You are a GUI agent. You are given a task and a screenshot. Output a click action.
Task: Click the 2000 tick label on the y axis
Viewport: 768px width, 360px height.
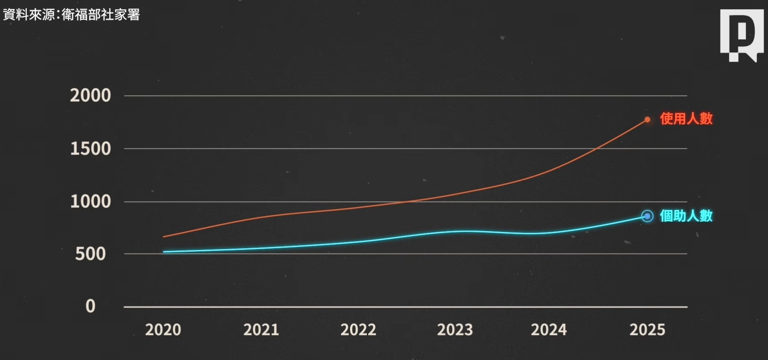(x=90, y=96)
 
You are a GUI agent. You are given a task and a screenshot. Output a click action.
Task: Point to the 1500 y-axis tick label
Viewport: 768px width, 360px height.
(x=90, y=149)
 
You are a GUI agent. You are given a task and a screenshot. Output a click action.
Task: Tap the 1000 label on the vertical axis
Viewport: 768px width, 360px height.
(x=90, y=202)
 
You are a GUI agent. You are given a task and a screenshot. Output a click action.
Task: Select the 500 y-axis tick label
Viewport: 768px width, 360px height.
(x=90, y=254)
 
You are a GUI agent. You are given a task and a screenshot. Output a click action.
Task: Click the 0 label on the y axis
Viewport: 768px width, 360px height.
(x=90, y=306)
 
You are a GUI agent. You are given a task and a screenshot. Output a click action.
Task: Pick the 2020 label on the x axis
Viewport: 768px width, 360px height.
(x=163, y=330)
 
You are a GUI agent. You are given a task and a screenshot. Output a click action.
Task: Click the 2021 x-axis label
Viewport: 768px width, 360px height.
(x=261, y=330)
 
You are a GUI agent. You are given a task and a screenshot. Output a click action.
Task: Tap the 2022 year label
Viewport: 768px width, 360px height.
(x=358, y=330)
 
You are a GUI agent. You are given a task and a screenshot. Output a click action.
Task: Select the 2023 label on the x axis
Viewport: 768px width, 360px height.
(x=455, y=330)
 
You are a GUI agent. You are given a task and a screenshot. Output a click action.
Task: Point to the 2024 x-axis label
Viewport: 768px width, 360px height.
(x=549, y=330)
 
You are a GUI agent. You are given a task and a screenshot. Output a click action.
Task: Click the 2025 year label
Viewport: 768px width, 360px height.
(x=647, y=330)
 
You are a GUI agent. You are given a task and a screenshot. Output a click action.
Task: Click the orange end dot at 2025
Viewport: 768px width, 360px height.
(x=647, y=119)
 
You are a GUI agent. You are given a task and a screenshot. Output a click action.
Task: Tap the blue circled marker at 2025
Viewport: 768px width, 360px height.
(x=647, y=216)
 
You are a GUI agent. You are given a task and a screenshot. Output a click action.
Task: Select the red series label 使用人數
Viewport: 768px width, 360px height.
(x=686, y=118)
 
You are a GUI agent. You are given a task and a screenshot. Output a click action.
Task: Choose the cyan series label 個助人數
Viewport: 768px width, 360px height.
(x=686, y=216)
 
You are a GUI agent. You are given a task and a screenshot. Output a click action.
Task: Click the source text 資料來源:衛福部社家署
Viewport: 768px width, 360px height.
(x=71, y=15)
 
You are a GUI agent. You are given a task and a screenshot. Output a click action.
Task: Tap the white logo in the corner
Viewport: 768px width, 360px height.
(x=742, y=35)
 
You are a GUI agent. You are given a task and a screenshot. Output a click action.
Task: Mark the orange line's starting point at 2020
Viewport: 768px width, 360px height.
(x=164, y=237)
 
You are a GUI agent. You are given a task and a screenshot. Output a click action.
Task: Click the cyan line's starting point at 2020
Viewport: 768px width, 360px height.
(x=164, y=252)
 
